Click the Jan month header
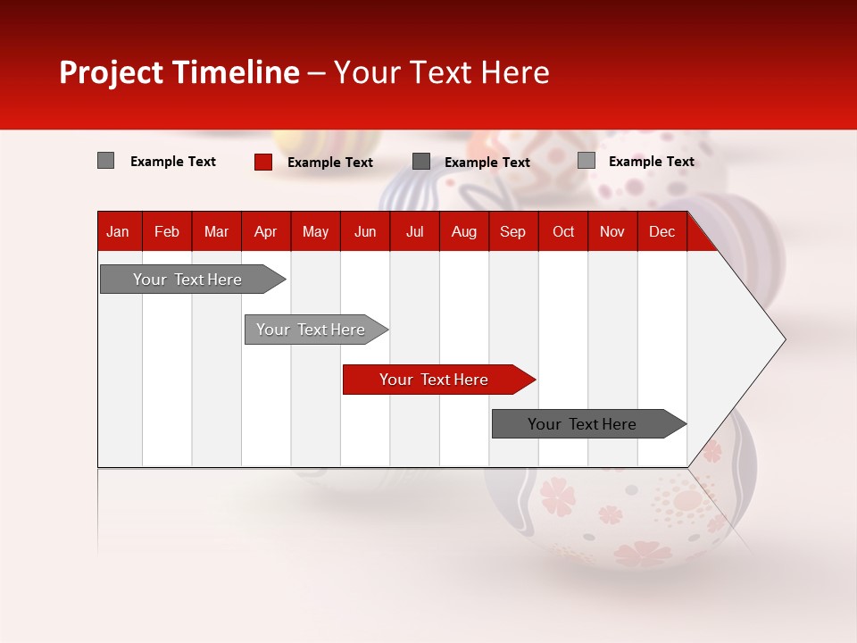point(118,232)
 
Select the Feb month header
point(167,232)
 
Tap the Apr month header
point(265,232)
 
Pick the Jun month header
point(365,232)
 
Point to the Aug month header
point(464,232)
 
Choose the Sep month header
point(512,232)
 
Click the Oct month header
point(563,232)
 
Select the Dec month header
point(661,232)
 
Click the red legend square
point(263,162)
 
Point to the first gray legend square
point(106,161)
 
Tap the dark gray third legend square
point(421,162)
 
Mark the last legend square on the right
point(587,161)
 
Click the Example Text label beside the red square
point(330,163)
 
